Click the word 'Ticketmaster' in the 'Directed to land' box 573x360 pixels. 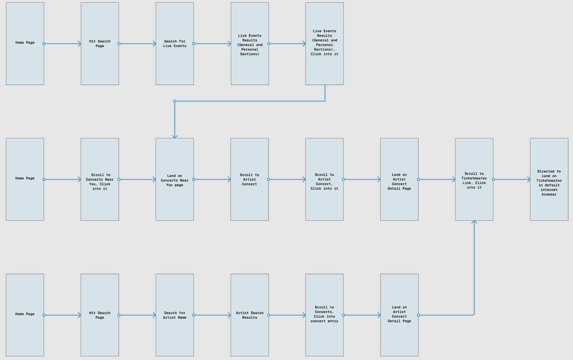tap(549, 181)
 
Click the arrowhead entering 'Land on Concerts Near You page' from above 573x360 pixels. tap(175, 136)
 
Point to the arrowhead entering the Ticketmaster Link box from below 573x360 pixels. tap(474, 222)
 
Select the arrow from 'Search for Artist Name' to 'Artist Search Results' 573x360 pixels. tap(212, 315)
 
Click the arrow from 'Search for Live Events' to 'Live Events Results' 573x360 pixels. tap(212, 44)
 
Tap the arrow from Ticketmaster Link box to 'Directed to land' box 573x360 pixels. tap(512, 179)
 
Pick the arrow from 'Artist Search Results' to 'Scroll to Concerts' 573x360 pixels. tap(287, 315)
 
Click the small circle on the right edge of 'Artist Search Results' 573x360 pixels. tap(269, 315)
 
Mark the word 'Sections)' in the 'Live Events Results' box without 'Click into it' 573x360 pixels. tap(250, 54)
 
